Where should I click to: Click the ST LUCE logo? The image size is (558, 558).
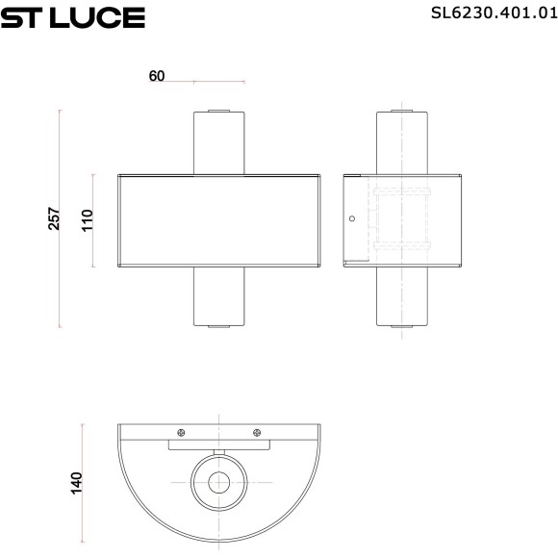[72, 16]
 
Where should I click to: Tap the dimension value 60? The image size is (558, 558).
[158, 77]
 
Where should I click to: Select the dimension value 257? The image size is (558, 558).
[54, 218]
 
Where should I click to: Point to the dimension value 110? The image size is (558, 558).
[87, 220]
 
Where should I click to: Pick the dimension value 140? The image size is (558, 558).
[76, 480]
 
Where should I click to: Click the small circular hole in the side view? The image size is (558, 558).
[352, 218]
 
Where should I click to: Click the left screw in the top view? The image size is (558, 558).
[180, 432]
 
